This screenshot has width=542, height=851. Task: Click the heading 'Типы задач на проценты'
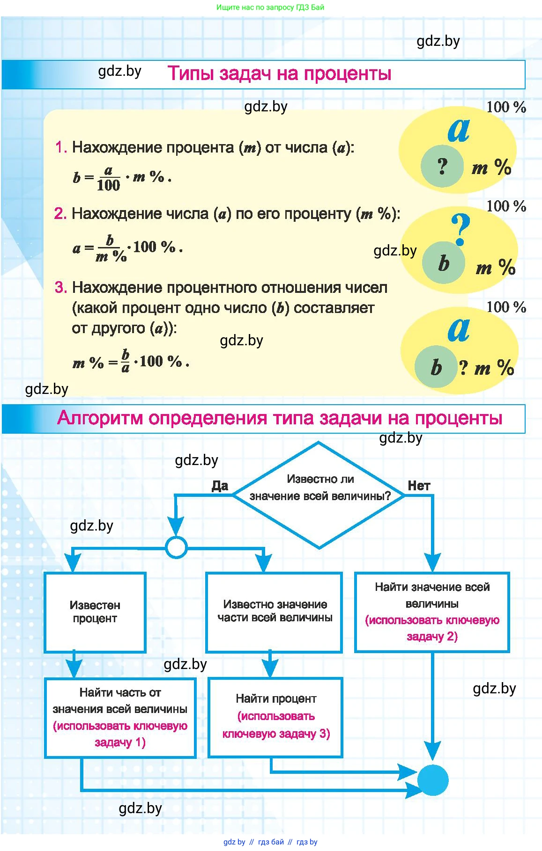point(279,74)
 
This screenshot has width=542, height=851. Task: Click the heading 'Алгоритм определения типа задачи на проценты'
point(279,418)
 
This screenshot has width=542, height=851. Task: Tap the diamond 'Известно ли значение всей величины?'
point(319,495)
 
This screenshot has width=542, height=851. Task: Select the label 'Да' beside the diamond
point(220,486)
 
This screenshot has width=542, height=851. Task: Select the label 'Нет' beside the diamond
point(418,486)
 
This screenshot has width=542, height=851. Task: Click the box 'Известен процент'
point(95,612)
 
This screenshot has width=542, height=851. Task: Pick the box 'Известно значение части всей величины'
point(275,611)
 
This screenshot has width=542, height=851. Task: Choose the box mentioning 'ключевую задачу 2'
point(432,611)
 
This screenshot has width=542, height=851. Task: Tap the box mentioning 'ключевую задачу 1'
point(120,717)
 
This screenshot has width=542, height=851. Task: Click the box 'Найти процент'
point(275,717)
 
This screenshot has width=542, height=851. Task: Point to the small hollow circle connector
point(176,547)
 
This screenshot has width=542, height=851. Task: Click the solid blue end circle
point(432,780)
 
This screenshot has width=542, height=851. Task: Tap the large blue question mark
point(460,228)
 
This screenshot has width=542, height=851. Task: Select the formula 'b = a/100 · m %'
point(122,178)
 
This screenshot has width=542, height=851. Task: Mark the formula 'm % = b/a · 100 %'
point(131,362)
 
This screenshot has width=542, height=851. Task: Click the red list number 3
point(60,287)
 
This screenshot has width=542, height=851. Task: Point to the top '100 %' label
point(506,107)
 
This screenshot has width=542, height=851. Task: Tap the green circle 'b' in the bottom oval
point(436,367)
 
